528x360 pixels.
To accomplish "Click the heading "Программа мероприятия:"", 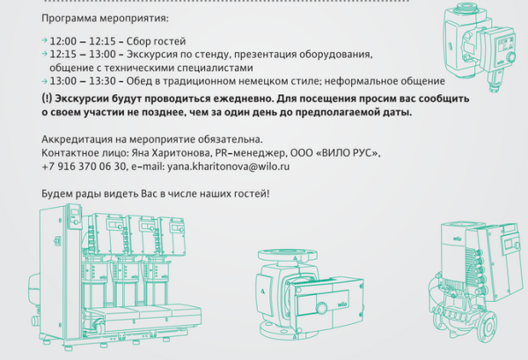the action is (x=105, y=18).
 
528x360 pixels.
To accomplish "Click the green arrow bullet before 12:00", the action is (x=45, y=40).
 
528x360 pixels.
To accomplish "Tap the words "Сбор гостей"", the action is (x=156, y=41).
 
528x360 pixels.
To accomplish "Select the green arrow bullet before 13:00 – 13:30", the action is (x=45, y=81).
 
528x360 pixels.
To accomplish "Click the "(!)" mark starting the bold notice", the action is (x=47, y=99).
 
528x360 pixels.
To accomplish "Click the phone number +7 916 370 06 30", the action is (x=84, y=166).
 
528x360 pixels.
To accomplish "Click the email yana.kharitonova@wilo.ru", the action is (x=228, y=166).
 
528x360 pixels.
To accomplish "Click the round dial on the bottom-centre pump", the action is (x=321, y=307).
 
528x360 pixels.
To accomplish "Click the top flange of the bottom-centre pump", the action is (x=288, y=255).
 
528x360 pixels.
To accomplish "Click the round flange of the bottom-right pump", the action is (x=488, y=327).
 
